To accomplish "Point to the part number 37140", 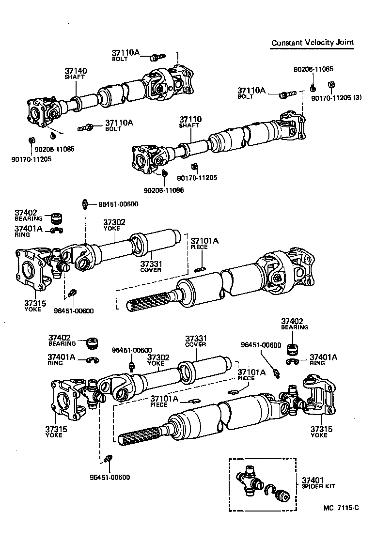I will pyautogui.click(x=76, y=71).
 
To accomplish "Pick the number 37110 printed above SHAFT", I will pyautogui.click(x=190, y=119).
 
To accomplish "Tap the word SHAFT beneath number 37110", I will pyautogui.click(x=189, y=125).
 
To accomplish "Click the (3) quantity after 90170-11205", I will pyautogui.click(x=358, y=98).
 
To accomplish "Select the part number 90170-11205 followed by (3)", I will pyautogui.click(x=331, y=98).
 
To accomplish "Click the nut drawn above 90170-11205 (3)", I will pyautogui.click(x=331, y=85).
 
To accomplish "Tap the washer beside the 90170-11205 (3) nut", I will pyautogui.click(x=313, y=88).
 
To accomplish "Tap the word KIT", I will pyautogui.click(x=329, y=486).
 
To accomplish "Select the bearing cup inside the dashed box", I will pyautogui.click(x=282, y=497).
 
